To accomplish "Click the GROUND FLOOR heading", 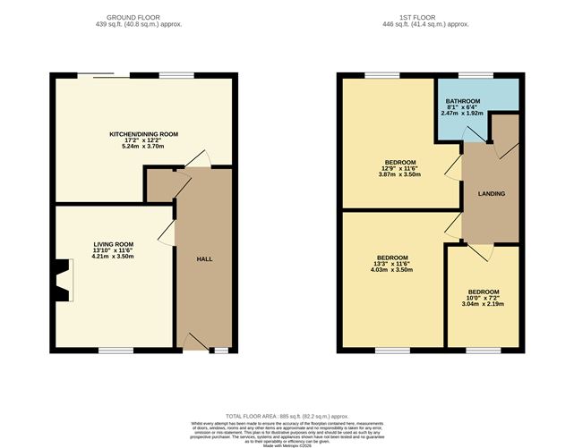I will click(x=143, y=17).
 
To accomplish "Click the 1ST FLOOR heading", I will click(x=432, y=17).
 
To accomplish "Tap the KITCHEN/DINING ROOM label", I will click(x=143, y=134).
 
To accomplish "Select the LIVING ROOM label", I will click(x=113, y=243).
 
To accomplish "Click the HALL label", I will click(x=204, y=259).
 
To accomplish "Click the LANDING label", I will click(x=492, y=193).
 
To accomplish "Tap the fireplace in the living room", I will click(x=61, y=280).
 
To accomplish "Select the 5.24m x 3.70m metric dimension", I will click(x=143, y=147).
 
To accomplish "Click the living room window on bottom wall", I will click(x=115, y=351).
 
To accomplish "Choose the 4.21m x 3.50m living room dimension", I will click(x=113, y=256).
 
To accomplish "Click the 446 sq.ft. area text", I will click(x=432, y=25).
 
